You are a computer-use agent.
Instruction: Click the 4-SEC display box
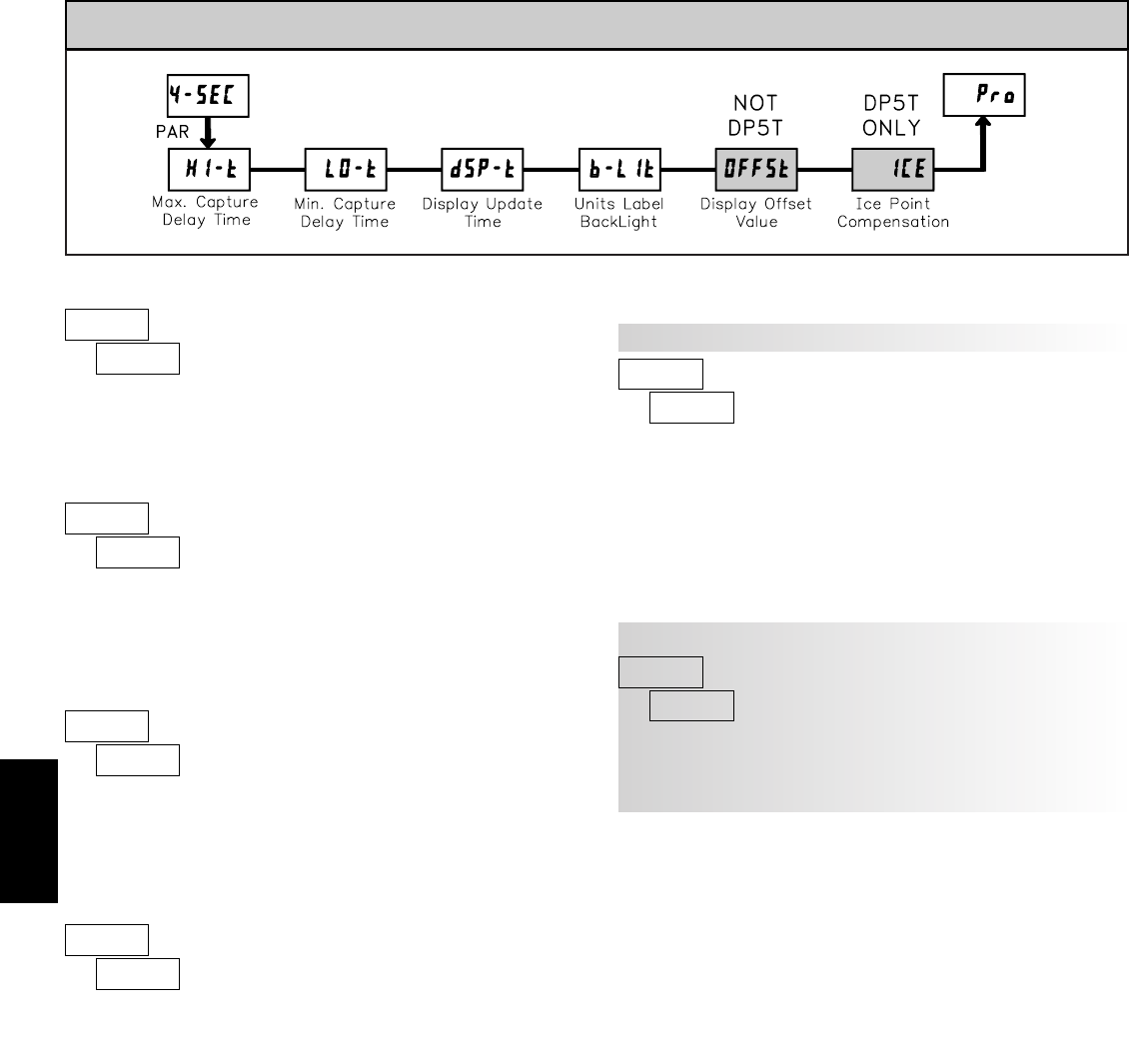(206, 99)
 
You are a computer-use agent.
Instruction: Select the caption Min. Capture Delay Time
(345, 212)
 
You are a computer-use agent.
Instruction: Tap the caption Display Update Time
(483, 212)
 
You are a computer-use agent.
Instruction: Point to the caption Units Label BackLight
(620, 212)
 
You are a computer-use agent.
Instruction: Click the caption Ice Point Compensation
(893, 212)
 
